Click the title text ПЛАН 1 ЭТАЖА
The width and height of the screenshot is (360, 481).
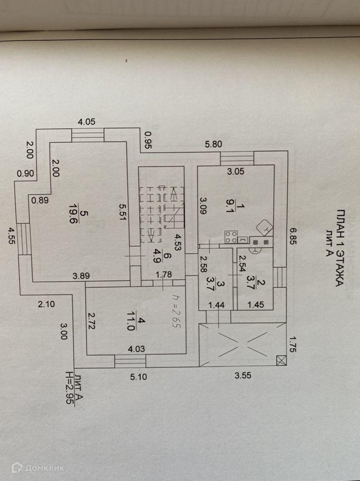(x=339, y=248)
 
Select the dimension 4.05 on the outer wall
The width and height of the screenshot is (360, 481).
(x=86, y=121)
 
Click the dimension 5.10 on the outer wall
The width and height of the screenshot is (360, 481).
(x=138, y=378)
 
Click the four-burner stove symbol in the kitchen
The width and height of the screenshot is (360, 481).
(x=231, y=236)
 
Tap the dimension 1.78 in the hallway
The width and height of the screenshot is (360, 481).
(x=163, y=275)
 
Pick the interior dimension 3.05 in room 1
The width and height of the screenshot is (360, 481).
(x=236, y=171)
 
